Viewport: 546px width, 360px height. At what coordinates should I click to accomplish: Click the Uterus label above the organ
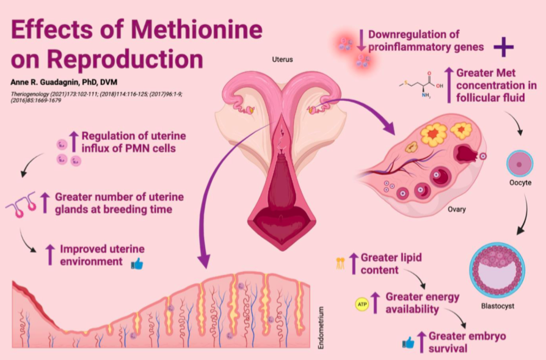tap(282, 60)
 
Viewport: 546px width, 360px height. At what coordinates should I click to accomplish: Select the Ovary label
tap(456, 209)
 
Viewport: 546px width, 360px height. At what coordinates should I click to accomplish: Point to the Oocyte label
tap(520, 183)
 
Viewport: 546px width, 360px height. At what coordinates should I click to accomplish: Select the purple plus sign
tap(503, 46)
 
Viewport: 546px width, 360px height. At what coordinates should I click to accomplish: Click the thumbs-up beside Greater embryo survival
tap(407, 342)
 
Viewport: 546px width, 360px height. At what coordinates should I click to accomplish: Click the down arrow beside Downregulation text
tap(360, 39)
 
